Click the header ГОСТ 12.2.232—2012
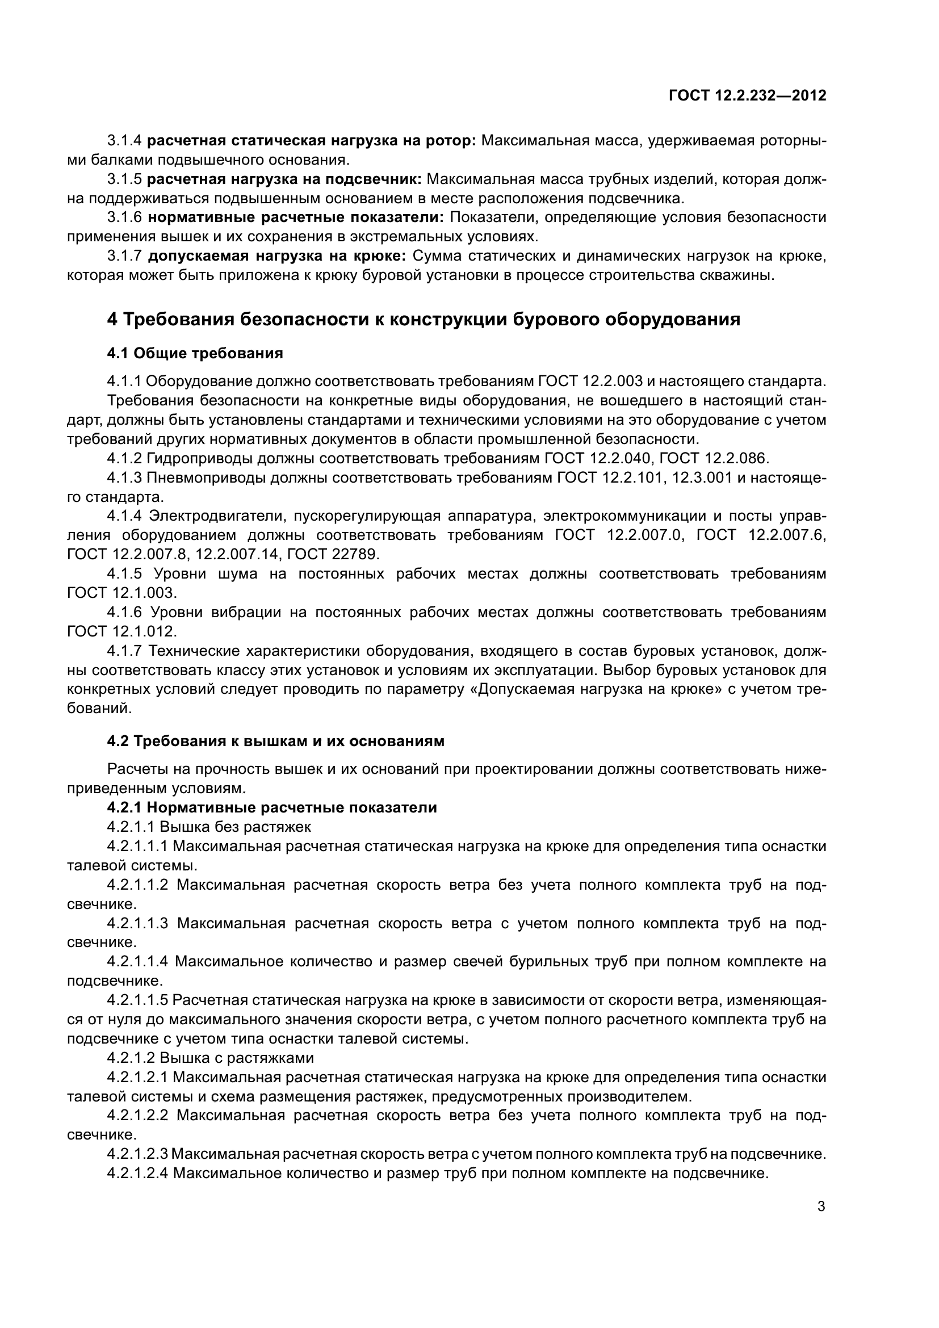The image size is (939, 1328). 748,95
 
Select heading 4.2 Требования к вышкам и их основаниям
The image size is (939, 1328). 276,741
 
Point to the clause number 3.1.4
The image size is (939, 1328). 124,141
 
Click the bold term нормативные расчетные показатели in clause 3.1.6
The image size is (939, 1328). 295,217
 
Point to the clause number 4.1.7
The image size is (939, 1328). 124,651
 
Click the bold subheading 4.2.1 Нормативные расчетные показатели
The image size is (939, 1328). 272,807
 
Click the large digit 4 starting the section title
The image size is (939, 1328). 112,319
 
